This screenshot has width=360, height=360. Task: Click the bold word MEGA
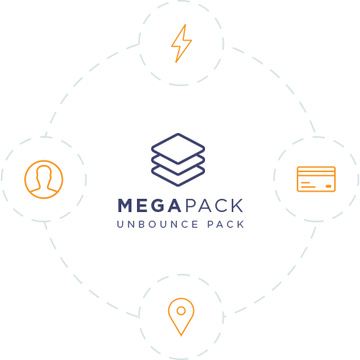pos(149,206)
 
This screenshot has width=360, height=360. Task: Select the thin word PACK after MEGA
pos(214,206)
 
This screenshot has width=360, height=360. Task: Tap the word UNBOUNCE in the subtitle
pos(157,225)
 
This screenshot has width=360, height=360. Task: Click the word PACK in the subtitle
pos(226,225)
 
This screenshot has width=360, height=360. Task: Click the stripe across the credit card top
pos(316,171)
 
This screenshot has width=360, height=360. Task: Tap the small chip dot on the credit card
pos(329,186)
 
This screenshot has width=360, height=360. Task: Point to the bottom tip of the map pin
pos(181,336)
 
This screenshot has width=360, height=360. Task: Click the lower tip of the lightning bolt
pos(176,62)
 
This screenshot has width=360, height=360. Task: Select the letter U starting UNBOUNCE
pos(120,225)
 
